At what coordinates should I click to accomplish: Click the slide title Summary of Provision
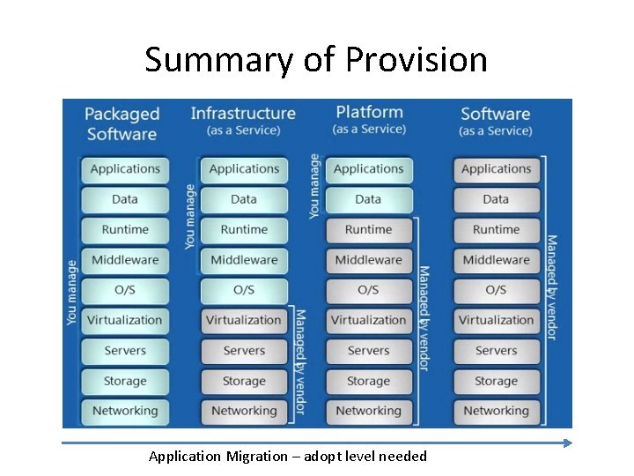pos(316,60)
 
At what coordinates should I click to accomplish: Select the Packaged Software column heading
pos(122,124)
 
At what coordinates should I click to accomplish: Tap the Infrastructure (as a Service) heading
pos(243,121)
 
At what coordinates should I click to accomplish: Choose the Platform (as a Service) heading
pos(369,120)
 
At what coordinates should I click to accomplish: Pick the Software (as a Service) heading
pos(496,121)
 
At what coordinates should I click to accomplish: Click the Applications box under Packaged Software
pos(125,169)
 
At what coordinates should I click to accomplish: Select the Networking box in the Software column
pos(496,411)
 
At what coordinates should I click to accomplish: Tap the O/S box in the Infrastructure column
pos(244,290)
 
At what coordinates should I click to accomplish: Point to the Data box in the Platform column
pos(368,199)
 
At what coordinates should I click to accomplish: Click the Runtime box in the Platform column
pos(368,230)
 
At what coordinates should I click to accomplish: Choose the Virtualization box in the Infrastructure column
pos(244,320)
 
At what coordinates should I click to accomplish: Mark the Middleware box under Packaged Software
pos(125,260)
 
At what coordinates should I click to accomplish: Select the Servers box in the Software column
pos(496,351)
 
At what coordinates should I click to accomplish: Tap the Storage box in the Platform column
pos(368,381)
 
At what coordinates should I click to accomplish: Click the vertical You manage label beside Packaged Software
pos(72,291)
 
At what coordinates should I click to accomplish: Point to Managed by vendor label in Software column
pos(551,286)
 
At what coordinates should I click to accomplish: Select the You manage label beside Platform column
pos(314,187)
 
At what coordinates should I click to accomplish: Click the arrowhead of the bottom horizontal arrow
pos(567,443)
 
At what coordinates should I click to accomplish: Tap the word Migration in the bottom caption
pos(256,456)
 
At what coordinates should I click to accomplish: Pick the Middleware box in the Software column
pos(496,260)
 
